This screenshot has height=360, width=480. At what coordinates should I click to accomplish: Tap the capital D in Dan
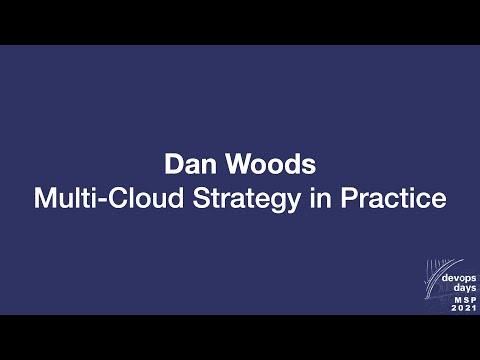tap(171, 164)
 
